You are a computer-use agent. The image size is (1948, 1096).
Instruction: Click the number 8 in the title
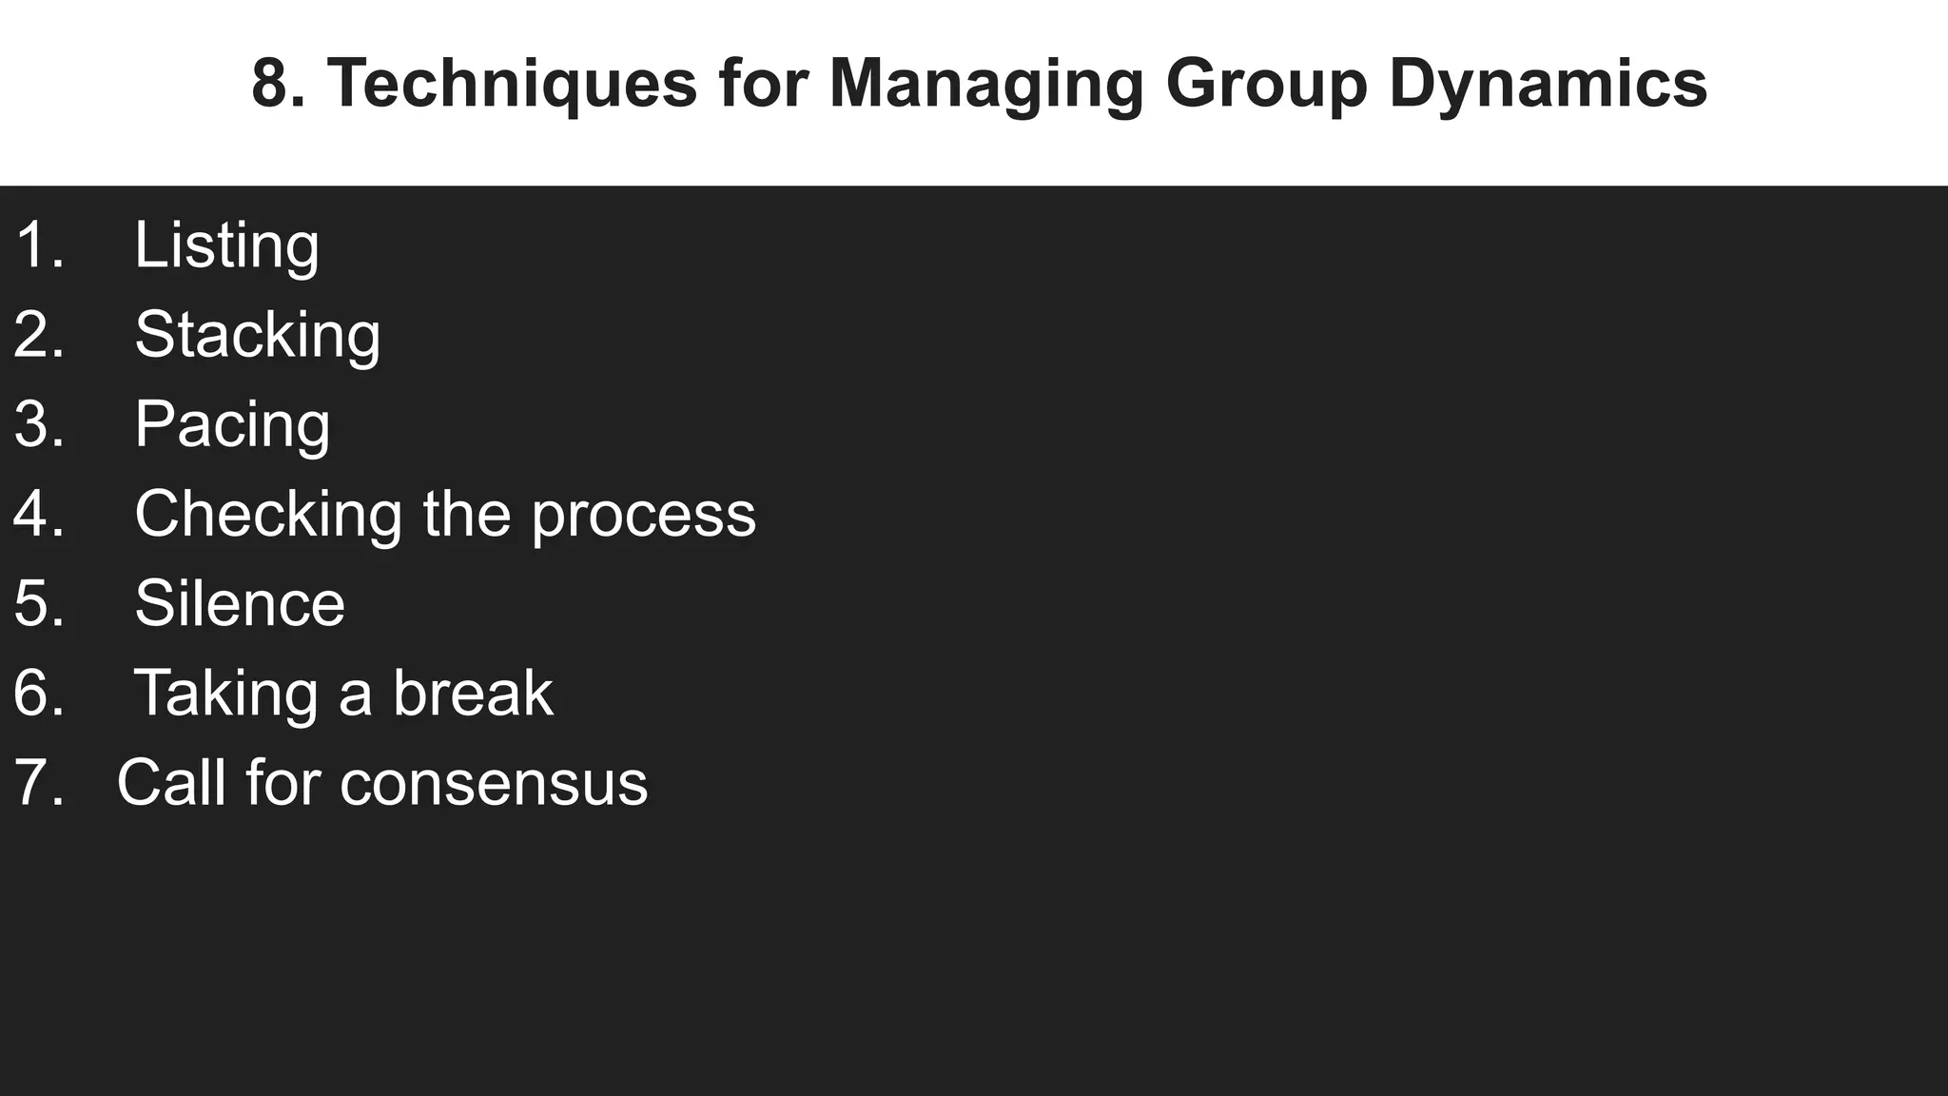click(271, 84)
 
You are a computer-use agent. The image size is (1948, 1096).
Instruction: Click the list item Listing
click(226, 245)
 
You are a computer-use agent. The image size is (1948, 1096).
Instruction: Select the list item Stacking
click(257, 335)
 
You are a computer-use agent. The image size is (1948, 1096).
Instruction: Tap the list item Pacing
click(232, 424)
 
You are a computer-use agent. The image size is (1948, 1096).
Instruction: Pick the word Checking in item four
click(268, 515)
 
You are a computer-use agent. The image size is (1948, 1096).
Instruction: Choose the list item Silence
click(240, 603)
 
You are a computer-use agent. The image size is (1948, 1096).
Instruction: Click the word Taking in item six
click(225, 694)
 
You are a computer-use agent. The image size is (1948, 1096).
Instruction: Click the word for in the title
click(763, 84)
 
